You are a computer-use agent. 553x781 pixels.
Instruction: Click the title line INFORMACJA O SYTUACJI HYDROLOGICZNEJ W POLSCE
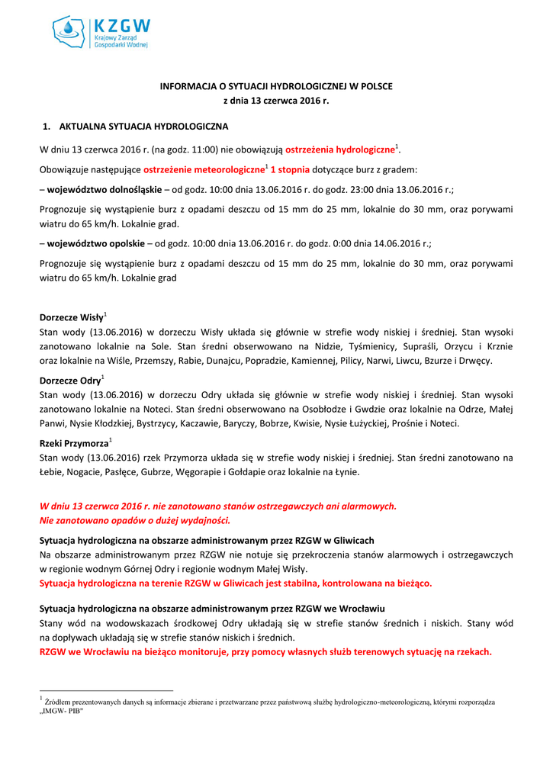pos(275,86)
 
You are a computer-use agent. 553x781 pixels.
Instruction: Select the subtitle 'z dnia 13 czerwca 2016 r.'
pos(275,101)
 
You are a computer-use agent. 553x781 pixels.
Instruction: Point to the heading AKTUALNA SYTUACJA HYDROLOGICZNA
pos(143,126)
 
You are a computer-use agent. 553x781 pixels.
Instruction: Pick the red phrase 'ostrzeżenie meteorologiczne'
pos(204,169)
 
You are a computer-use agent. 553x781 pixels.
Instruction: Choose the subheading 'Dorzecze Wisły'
pos(71,317)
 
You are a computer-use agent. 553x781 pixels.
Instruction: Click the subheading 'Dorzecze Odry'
pos(69,380)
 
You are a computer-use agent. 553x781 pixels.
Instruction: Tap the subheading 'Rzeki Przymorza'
pos(74,443)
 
